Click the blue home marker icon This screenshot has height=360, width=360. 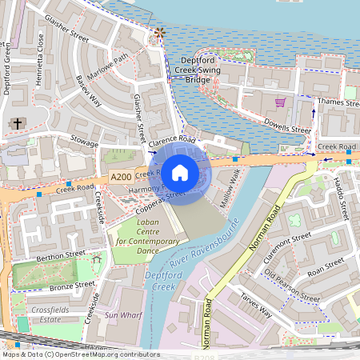(x=180, y=172)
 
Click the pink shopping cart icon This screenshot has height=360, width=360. (x=280, y=102)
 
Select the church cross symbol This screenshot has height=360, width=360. (x=18, y=124)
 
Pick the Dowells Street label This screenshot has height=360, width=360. (x=289, y=128)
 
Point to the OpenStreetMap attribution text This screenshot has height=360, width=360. (x=81, y=354)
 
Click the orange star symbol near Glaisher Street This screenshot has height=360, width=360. (x=158, y=33)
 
